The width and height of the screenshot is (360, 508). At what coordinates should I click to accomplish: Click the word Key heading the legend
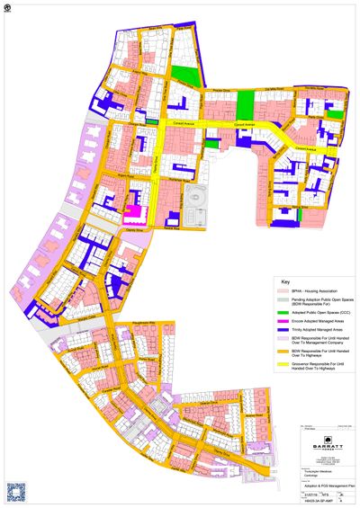click(283, 281)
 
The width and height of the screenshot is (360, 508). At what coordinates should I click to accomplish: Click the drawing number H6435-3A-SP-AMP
click(315, 500)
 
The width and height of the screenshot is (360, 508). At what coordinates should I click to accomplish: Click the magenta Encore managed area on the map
click(133, 213)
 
